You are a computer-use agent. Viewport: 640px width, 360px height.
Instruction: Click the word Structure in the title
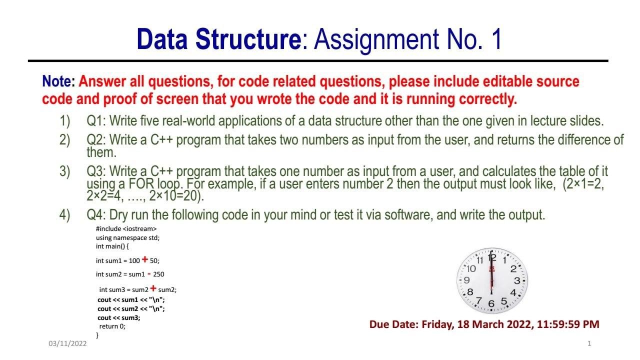click(248, 39)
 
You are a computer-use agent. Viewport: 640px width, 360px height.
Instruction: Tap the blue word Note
click(57, 81)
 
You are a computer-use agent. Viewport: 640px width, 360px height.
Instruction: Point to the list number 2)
click(64, 140)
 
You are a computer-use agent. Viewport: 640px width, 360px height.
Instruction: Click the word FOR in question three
click(141, 183)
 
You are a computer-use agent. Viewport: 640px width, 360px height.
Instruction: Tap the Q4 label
click(96, 215)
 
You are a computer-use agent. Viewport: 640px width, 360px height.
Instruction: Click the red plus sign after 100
click(145, 259)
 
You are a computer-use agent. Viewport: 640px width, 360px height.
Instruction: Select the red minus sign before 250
click(149, 274)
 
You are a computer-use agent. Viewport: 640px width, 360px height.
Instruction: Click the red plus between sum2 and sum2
click(153, 288)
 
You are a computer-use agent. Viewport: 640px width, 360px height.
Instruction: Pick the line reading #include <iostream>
click(126, 229)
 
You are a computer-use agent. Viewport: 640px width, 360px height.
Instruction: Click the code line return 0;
click(112, 326)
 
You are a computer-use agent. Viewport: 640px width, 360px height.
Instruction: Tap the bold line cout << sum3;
click(119, 317)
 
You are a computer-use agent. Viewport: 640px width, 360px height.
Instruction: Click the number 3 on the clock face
click(517, 280)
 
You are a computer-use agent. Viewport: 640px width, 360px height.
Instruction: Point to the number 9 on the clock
click(466, 280)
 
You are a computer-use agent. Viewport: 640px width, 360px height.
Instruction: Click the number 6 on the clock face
click(491, 303)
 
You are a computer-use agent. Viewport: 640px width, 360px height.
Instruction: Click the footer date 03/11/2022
click(67, 343)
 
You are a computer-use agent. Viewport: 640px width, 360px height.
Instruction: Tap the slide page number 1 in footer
click(589, 343)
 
